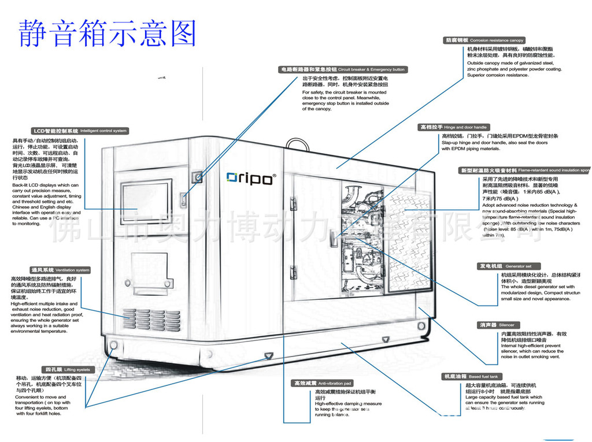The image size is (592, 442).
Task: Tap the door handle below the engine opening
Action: click(334, 237)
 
